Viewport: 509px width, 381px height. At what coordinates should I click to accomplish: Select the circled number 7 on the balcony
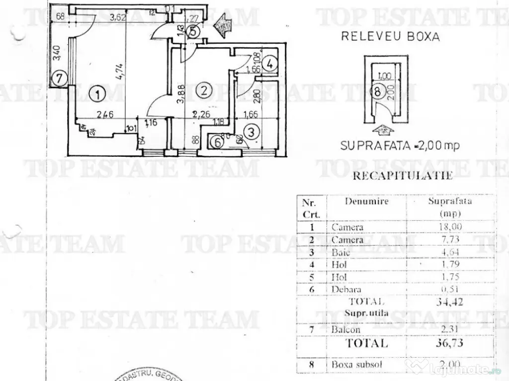(x=60, y=77)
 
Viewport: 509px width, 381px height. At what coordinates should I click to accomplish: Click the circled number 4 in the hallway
(x=269, y=63)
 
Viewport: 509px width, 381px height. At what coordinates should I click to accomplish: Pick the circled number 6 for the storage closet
(x=216, y=141)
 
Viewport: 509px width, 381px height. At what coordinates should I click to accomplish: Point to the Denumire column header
(x=367, y=202)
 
